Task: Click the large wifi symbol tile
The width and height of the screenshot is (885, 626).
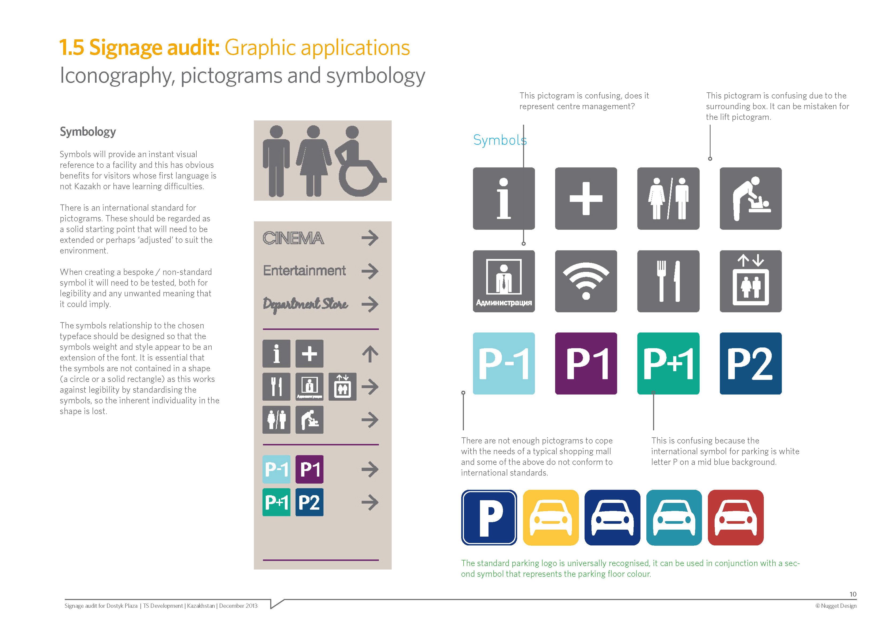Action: [x=586, y=281]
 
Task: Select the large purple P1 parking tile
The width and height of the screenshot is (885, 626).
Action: [x=586, y=363]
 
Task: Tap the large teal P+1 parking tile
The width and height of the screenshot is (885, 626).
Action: [x=668, y=363]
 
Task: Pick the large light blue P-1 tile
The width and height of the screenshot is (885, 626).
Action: [x=504, y=363]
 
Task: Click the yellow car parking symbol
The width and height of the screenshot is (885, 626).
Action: [x=551, y=518]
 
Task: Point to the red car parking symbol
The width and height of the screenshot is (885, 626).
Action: [x=735, y=518]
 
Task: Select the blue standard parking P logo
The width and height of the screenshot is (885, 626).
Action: [x=489, y=518]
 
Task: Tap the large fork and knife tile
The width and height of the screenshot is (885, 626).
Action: [x=668, y=281]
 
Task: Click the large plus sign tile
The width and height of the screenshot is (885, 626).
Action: [x=586, y=199]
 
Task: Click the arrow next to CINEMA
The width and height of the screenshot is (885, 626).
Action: [x=370, y=238]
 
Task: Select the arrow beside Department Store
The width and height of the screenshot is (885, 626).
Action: [x=370, y=304]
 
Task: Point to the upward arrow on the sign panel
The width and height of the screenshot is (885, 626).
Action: [x=370, y=354]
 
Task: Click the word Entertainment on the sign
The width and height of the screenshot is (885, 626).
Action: [x=304, y=271]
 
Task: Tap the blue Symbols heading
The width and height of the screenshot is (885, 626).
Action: [x=499, y=140]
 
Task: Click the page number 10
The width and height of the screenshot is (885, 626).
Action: [x=853, y=594]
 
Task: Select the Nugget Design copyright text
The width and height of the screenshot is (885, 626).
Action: [x=836, y=606]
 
